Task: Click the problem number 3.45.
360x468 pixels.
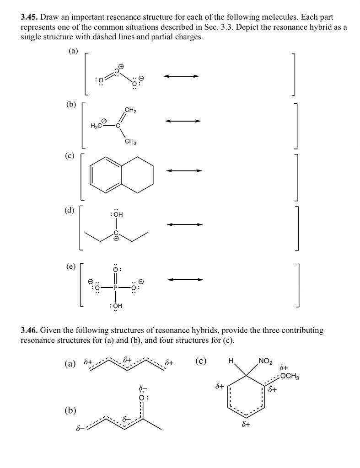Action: coord(29,17)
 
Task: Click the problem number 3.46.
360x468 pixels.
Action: coord(29,330)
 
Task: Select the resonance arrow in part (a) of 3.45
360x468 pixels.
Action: coord(181,76)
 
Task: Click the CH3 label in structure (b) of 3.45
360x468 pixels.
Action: coord(130,142)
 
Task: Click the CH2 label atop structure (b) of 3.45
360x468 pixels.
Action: coord(130,110)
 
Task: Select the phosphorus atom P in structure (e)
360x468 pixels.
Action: coord(116,288)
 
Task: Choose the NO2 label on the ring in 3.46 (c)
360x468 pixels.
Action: coord(265,362)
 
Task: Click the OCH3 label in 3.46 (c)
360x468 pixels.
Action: coord(289,376)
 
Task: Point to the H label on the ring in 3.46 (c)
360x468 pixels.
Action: coord(231,363)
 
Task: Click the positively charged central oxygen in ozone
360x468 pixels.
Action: coord(117,71)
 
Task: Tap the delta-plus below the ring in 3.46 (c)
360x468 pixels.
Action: coord(246,425)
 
